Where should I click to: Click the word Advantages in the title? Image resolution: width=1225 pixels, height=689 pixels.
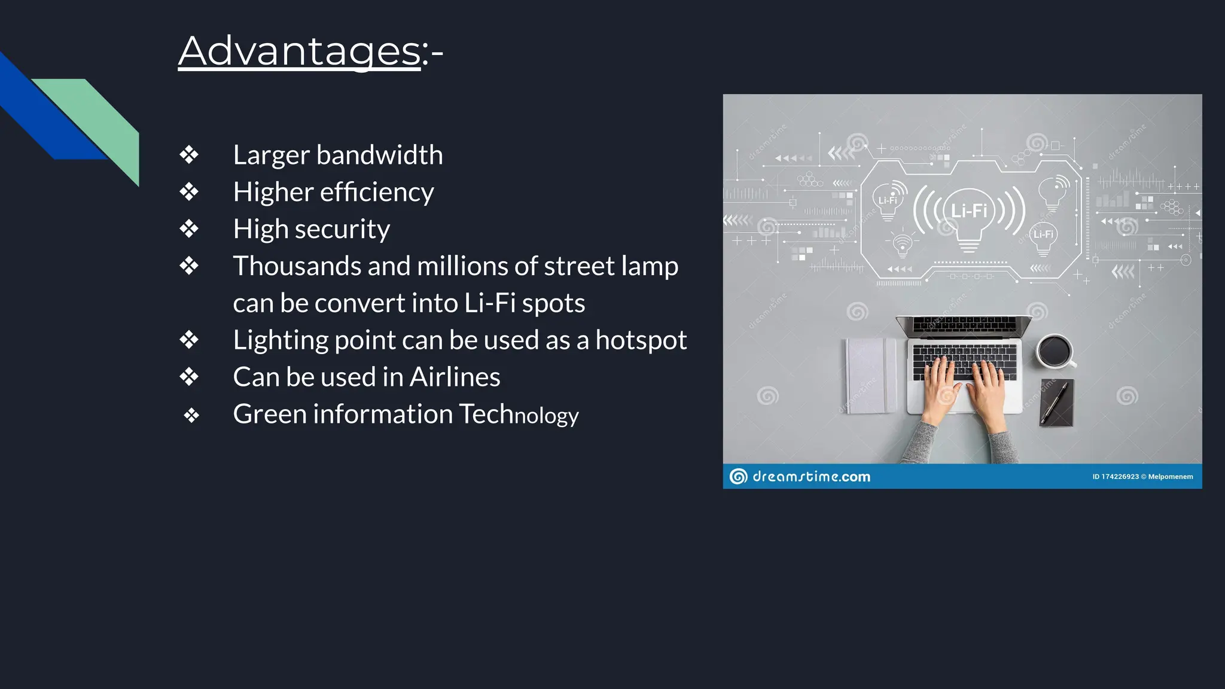pos(300,51)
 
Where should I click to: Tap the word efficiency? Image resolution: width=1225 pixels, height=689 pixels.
pos(376,193)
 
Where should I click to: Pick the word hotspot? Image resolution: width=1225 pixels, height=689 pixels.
pos(641,340)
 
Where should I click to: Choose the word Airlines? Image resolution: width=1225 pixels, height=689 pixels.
pos(455,377)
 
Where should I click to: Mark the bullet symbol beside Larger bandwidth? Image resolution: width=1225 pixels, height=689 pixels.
pos(189,155)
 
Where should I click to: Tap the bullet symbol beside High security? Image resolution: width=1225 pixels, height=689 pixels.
pos(189,229)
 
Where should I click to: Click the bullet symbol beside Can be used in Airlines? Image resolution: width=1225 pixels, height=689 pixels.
pos(189,377)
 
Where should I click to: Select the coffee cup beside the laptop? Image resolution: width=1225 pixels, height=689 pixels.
pos(1055,350)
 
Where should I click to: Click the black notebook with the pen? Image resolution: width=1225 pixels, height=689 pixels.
pos(1057,402)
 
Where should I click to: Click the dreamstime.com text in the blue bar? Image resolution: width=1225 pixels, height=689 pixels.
pos(811,477)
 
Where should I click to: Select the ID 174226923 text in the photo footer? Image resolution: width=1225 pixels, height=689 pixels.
pos(1116,477)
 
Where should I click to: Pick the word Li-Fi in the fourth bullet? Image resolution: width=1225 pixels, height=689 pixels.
pos(490,303)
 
